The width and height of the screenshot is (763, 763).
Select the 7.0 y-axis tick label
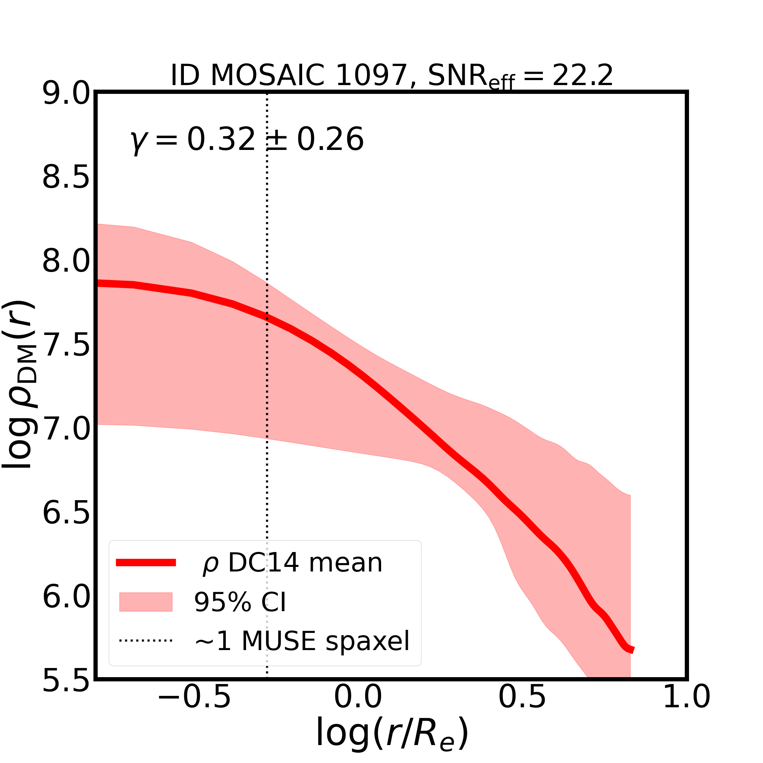click(x=66, y=429)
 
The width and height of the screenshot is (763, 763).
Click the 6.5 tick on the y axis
click(x=66, y=513)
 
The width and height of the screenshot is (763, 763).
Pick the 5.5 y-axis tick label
click(x=66, y=681)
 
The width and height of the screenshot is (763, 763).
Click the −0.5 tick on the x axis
click(x=194, y=708)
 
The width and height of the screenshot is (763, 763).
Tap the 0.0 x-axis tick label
click(x=358, y=708)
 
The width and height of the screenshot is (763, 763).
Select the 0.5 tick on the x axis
click(x=522, y=708)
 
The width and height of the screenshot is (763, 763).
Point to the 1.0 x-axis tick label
click(x=686, y=708)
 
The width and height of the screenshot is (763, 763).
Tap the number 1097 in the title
click(x=371, y=76)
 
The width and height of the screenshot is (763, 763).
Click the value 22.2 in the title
click(x=583, y=76)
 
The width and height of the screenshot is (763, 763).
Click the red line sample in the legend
click(x=146, y=563)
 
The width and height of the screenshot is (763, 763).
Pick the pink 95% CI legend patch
click(x=146, y=602)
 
